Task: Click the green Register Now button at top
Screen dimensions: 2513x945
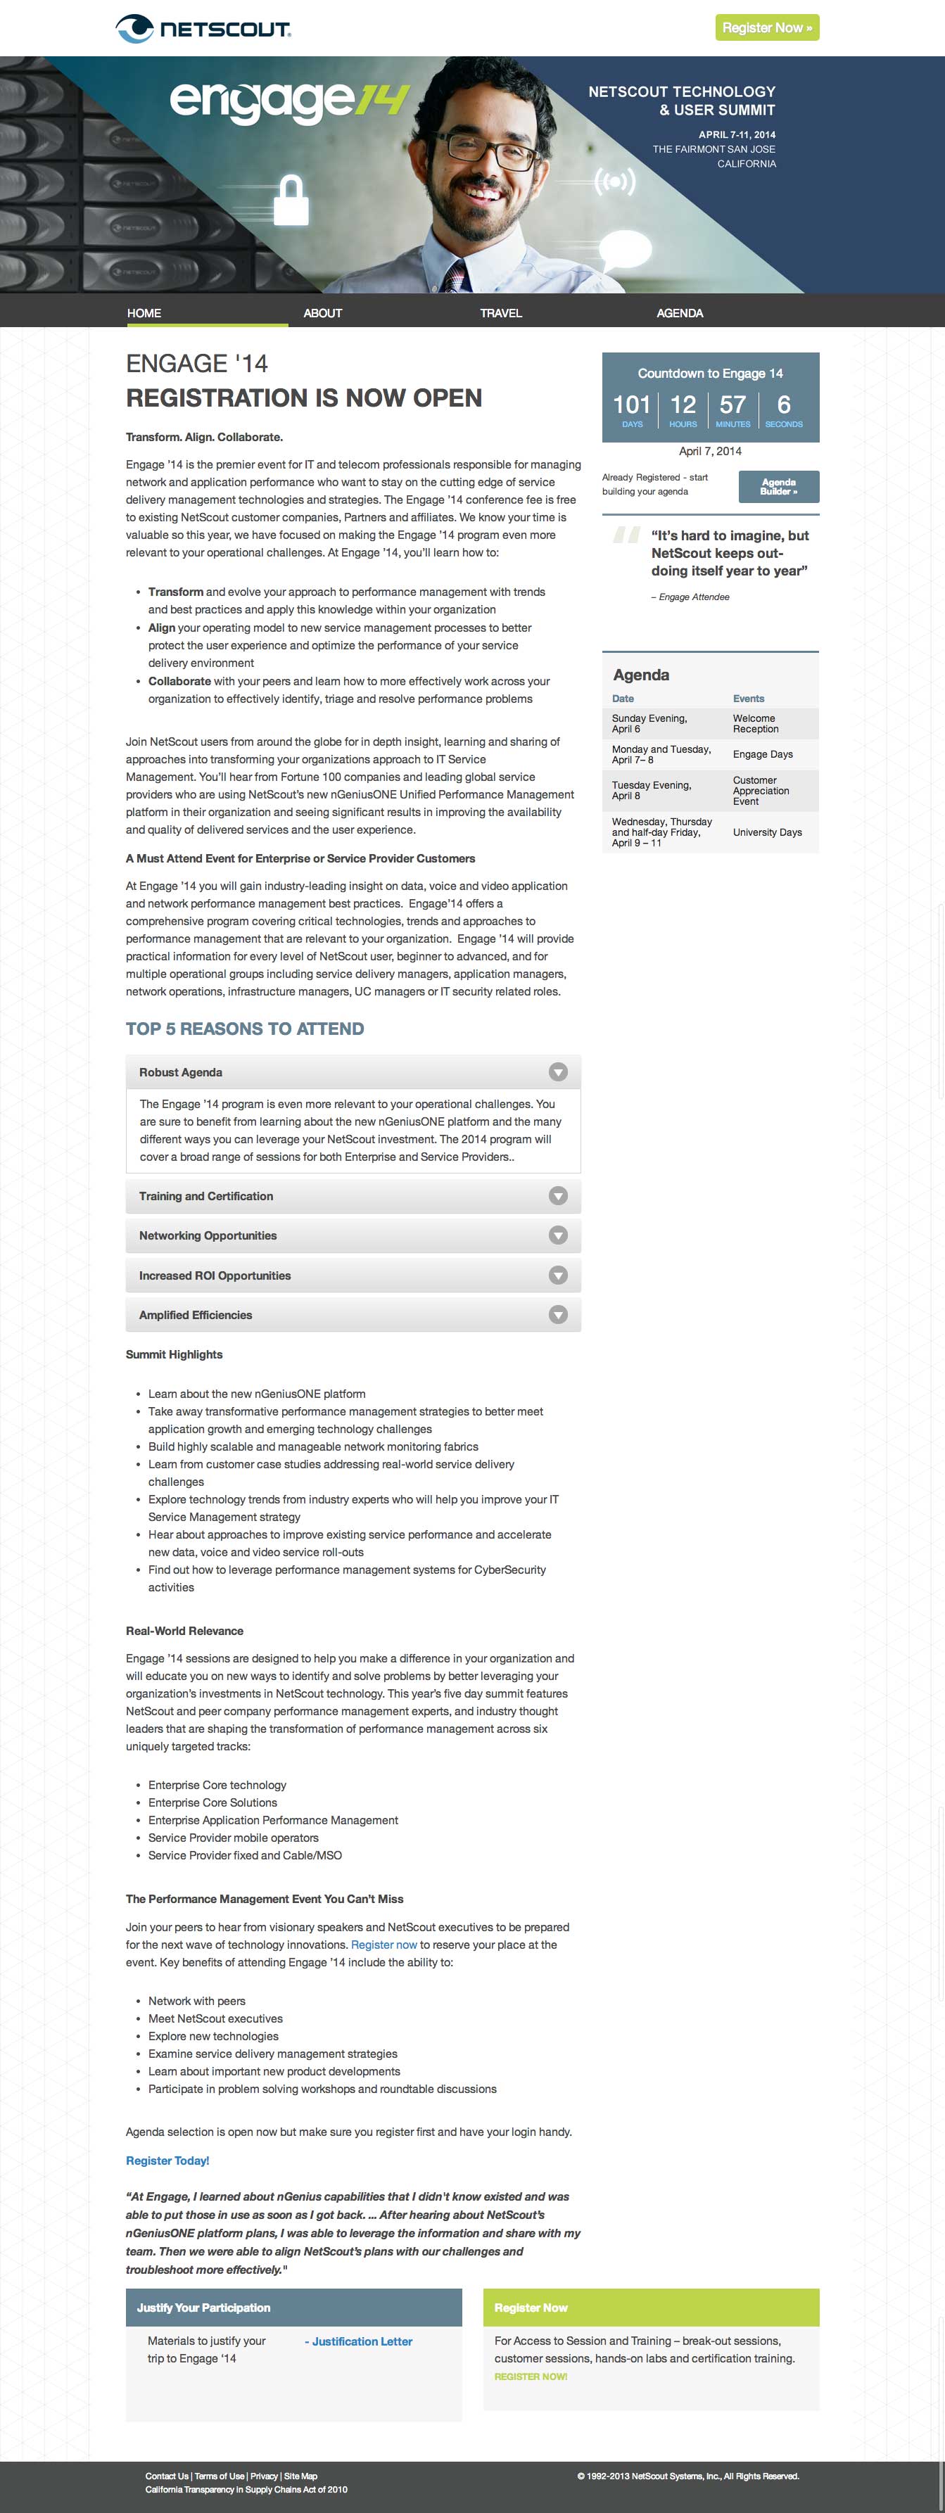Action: point(766,27)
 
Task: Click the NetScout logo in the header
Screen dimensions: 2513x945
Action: point(203,28)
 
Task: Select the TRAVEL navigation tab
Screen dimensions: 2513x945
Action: point(500,313)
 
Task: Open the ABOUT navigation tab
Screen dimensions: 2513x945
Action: point(323,313)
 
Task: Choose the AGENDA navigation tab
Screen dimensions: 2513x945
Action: point(680,313)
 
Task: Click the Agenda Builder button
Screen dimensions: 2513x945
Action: point(778,487)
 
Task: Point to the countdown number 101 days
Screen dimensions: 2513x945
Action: point(631,405)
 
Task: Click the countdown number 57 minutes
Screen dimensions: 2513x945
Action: point(732,405)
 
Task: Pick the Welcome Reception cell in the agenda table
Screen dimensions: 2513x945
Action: point(756,724)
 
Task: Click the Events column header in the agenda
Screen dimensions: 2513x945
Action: point(749,699)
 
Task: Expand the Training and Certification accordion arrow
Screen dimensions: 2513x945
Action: point(558,1196)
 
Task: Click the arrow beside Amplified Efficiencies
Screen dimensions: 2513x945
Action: point(558,1315)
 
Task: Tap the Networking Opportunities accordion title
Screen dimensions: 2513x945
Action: point(208,1236)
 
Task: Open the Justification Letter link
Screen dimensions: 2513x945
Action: point(360,2341)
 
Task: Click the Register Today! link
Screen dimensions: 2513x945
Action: point(167,2161)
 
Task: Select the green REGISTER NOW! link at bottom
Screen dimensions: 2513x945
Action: point(531,2377)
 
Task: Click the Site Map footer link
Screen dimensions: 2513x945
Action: point(300,2476)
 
